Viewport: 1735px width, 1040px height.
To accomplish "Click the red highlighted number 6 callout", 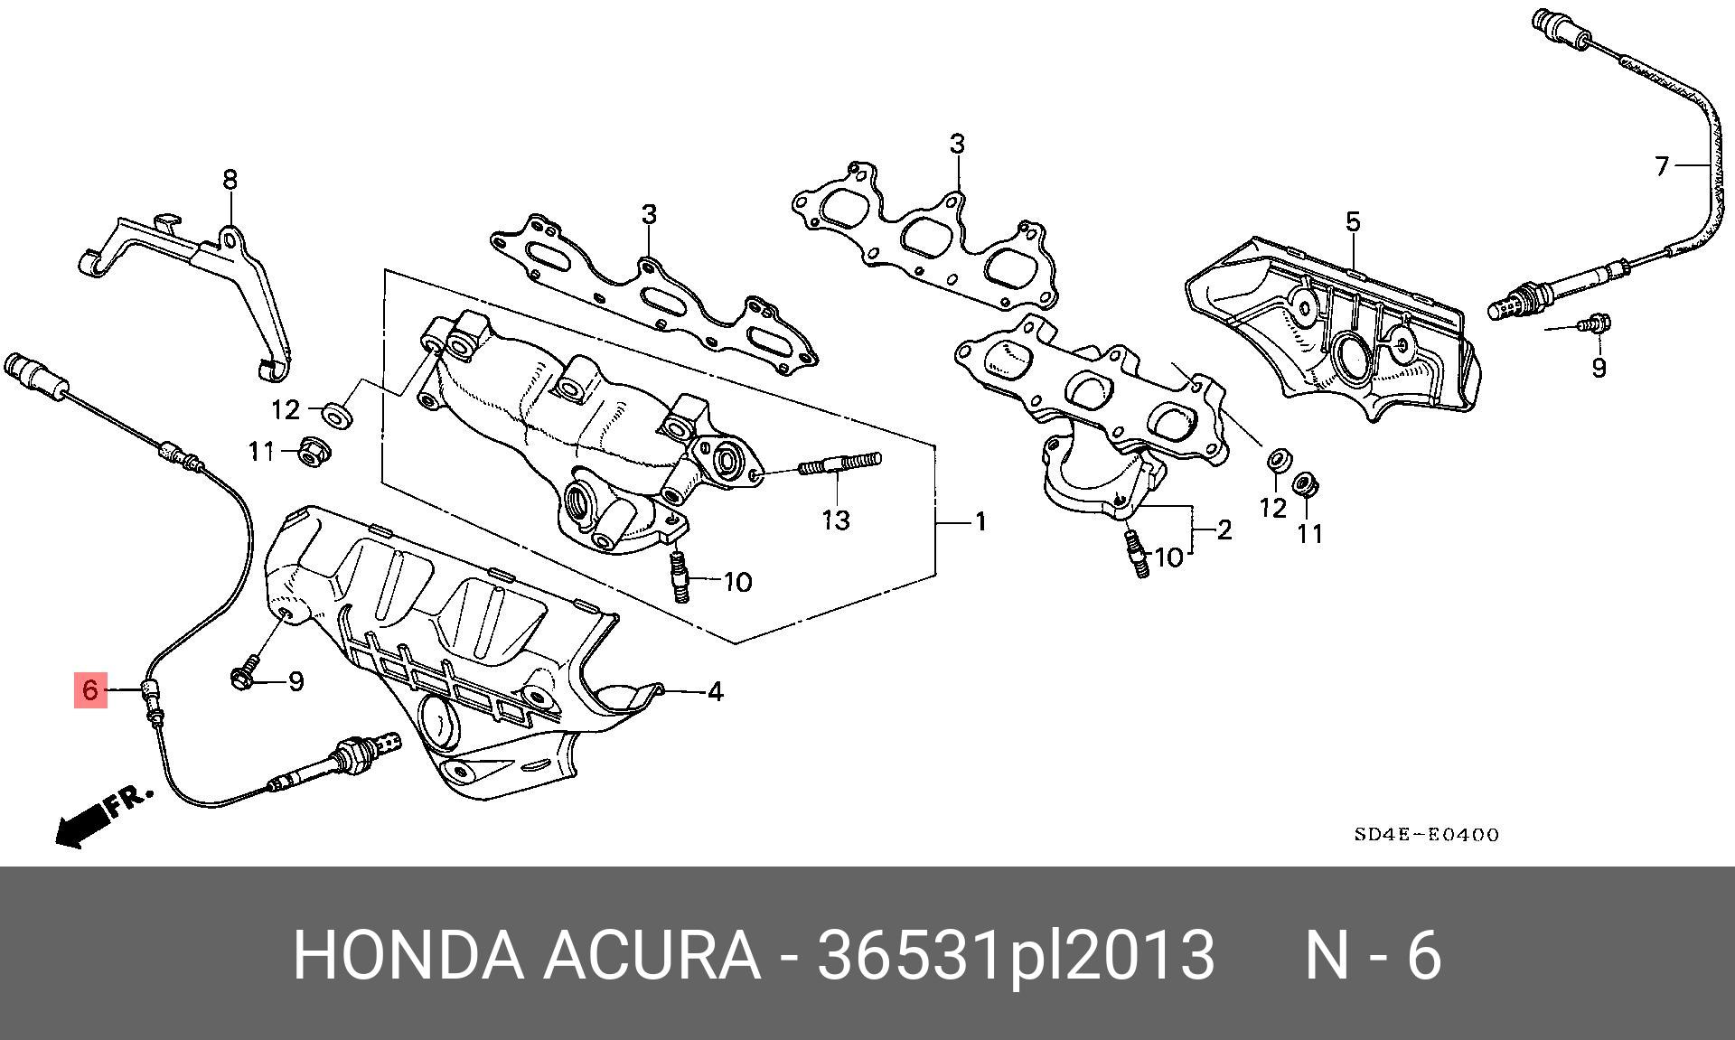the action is coord(90,691).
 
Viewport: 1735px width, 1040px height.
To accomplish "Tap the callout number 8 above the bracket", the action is coord(230,180).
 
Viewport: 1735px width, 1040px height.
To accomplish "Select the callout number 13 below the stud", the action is coord(837,520).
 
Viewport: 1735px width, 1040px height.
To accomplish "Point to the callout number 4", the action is coord(715,692).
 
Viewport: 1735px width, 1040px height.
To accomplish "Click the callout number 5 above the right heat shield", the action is coord(1353,221).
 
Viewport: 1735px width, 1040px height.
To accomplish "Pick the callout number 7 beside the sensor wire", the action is coord(1662,166).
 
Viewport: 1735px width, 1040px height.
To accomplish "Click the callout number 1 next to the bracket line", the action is coord(980,522).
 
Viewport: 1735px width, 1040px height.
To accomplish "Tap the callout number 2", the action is coord(1224,529).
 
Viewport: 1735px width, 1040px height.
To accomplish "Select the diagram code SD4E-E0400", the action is coord(1426,835).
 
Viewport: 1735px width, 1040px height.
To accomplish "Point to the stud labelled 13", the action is coord(839,465).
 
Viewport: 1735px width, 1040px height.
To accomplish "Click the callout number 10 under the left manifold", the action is coord(738,582).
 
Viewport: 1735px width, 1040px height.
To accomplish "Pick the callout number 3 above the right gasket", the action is coord(957,144).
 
